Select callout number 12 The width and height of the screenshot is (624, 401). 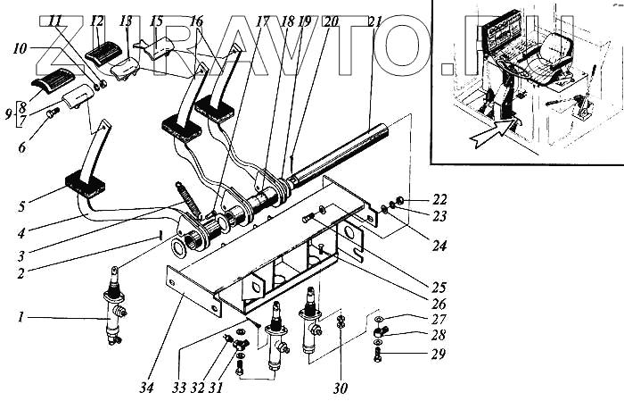pyautogui.click(x=98, y=21)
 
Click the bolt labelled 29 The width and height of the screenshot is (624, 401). pyautogui.click(x=378, y=360)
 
